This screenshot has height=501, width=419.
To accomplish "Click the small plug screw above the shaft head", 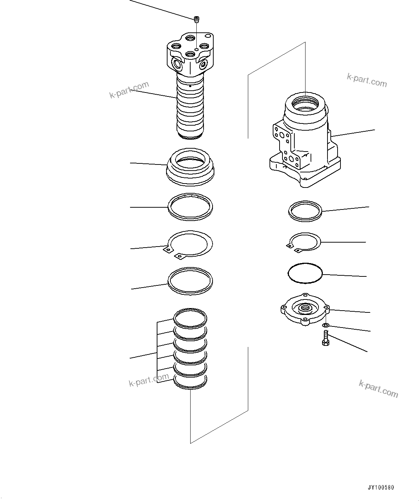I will pos(196,19).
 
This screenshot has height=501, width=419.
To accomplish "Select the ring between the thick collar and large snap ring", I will pos(190,206).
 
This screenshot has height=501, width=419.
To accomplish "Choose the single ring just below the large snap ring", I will pos(190,281).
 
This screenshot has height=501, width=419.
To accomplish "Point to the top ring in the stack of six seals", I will pos(190,318).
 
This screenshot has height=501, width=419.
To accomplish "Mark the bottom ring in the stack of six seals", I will pos(190,382).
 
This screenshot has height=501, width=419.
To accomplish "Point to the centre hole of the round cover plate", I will pos(305,308).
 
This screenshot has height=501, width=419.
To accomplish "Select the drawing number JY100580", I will pos(381,488).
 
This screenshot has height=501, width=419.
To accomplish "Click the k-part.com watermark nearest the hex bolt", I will pos(378,388).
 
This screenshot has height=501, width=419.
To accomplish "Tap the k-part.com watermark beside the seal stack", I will pos(149,380).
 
